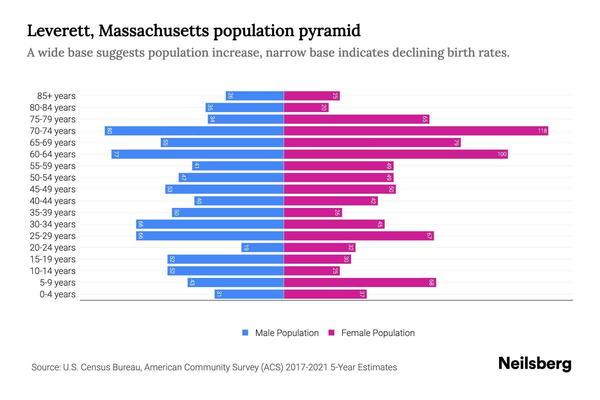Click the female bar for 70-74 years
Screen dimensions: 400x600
pos(416,131)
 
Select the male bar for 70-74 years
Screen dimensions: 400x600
pos(194,131)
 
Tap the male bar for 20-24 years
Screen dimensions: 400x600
pos(263,247)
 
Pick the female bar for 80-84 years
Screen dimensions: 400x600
pos(306,107)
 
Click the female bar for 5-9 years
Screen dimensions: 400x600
pos(360,282)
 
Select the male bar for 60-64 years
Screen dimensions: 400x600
pos(198,154)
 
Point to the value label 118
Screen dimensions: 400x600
pos(542,131)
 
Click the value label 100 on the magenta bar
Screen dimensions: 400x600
pos(502,154)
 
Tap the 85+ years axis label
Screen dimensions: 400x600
pos(56,96)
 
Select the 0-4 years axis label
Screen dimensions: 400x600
pos(57,294)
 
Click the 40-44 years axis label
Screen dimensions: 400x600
pos(53,201)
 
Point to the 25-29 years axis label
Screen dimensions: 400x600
pos(53,236)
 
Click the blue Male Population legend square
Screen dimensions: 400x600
pos(245,333)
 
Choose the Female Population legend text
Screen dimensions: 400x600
pos(378,333)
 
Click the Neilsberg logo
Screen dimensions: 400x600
pos(535,364)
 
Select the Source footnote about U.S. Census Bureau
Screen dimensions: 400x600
pos(214,367)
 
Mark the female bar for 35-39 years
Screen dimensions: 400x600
pos(313,212)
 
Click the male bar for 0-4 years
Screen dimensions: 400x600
pos(249,294)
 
